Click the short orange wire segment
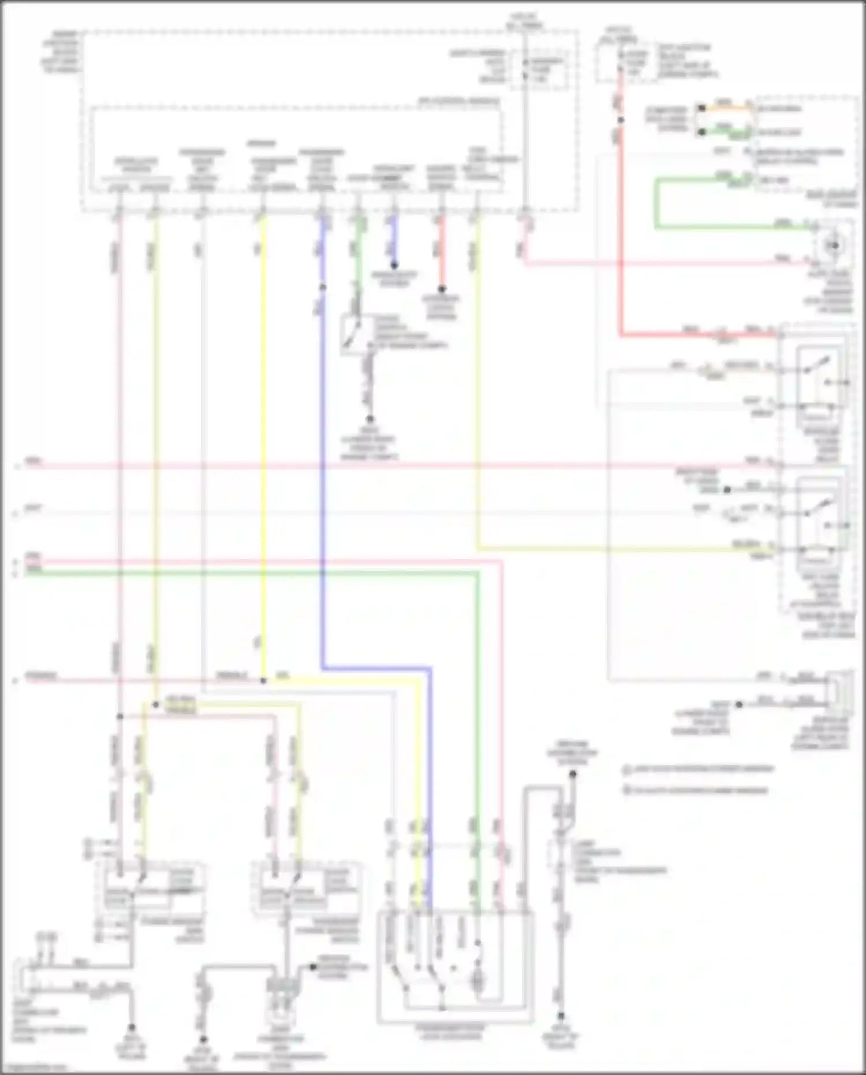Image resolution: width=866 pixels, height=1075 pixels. pos(724,107)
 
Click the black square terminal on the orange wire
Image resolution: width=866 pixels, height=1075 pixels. pos(701,108)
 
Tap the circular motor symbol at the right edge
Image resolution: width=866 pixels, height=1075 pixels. pos(834,246)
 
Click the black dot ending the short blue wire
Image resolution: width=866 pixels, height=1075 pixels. pos(394,266)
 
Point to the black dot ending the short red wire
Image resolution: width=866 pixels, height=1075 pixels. pos(442,289)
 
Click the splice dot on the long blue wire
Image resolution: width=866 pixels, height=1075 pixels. pos(323,287)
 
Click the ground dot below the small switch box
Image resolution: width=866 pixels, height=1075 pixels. pos(369,419)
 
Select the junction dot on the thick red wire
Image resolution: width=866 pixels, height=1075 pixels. pos(621,120)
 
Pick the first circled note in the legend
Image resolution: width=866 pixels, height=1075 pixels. pos(627,769)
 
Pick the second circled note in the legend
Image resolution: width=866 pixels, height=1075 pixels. pos(627,790)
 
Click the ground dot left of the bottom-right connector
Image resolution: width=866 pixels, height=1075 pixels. pos(738,704)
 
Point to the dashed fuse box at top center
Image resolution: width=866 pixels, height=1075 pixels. pos(539,69)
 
